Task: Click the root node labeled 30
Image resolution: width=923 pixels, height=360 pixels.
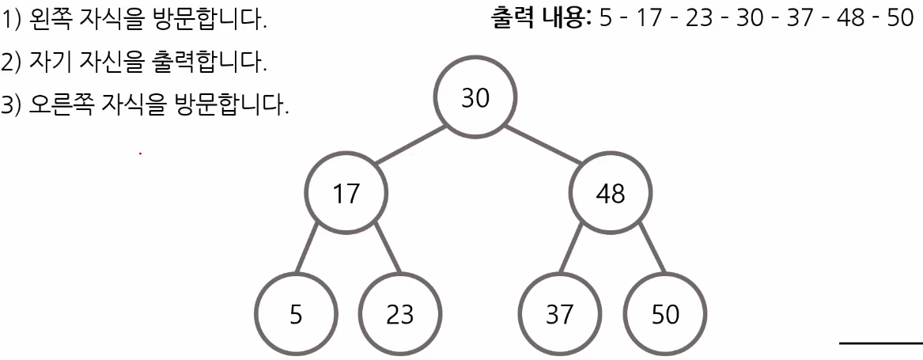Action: pos(475,98)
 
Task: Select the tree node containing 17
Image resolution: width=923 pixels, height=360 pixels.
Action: pos(346,193)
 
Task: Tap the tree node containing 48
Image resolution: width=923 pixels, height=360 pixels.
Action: pos(611,193)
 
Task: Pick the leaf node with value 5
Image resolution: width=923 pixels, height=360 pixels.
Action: pos(296,314)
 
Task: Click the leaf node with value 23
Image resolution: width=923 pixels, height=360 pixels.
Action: pos(400,314)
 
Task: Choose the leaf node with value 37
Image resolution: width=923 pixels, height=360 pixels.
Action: pos(559,314)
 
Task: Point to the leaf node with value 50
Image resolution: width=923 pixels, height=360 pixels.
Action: pos(665,314)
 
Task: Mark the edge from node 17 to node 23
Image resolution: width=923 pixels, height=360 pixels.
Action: pos(386,250)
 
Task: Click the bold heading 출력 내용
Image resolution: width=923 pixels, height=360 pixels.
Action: pos(541,18)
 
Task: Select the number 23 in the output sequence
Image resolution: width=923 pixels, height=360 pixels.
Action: pos(700,18)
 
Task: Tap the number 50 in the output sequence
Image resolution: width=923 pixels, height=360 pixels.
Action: pos(899,18)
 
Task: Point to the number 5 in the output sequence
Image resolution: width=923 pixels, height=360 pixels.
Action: pos(606,18)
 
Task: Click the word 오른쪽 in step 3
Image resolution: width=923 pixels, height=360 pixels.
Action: pos(62,104)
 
